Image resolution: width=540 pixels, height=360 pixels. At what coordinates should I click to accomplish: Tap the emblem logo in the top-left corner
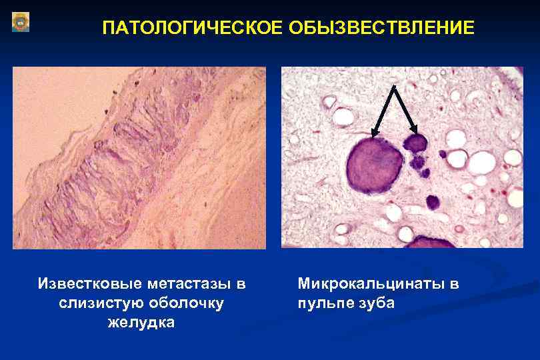[x=21, y=22]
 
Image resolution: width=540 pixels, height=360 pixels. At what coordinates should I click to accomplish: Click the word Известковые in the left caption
[x=83, y=285]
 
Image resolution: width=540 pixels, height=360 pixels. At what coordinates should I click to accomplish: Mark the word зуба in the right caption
[x=378, y=303]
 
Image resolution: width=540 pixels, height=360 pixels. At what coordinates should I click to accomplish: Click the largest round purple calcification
[x=373, y=164]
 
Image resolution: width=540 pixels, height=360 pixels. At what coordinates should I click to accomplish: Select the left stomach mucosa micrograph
[x=139, y=157]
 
